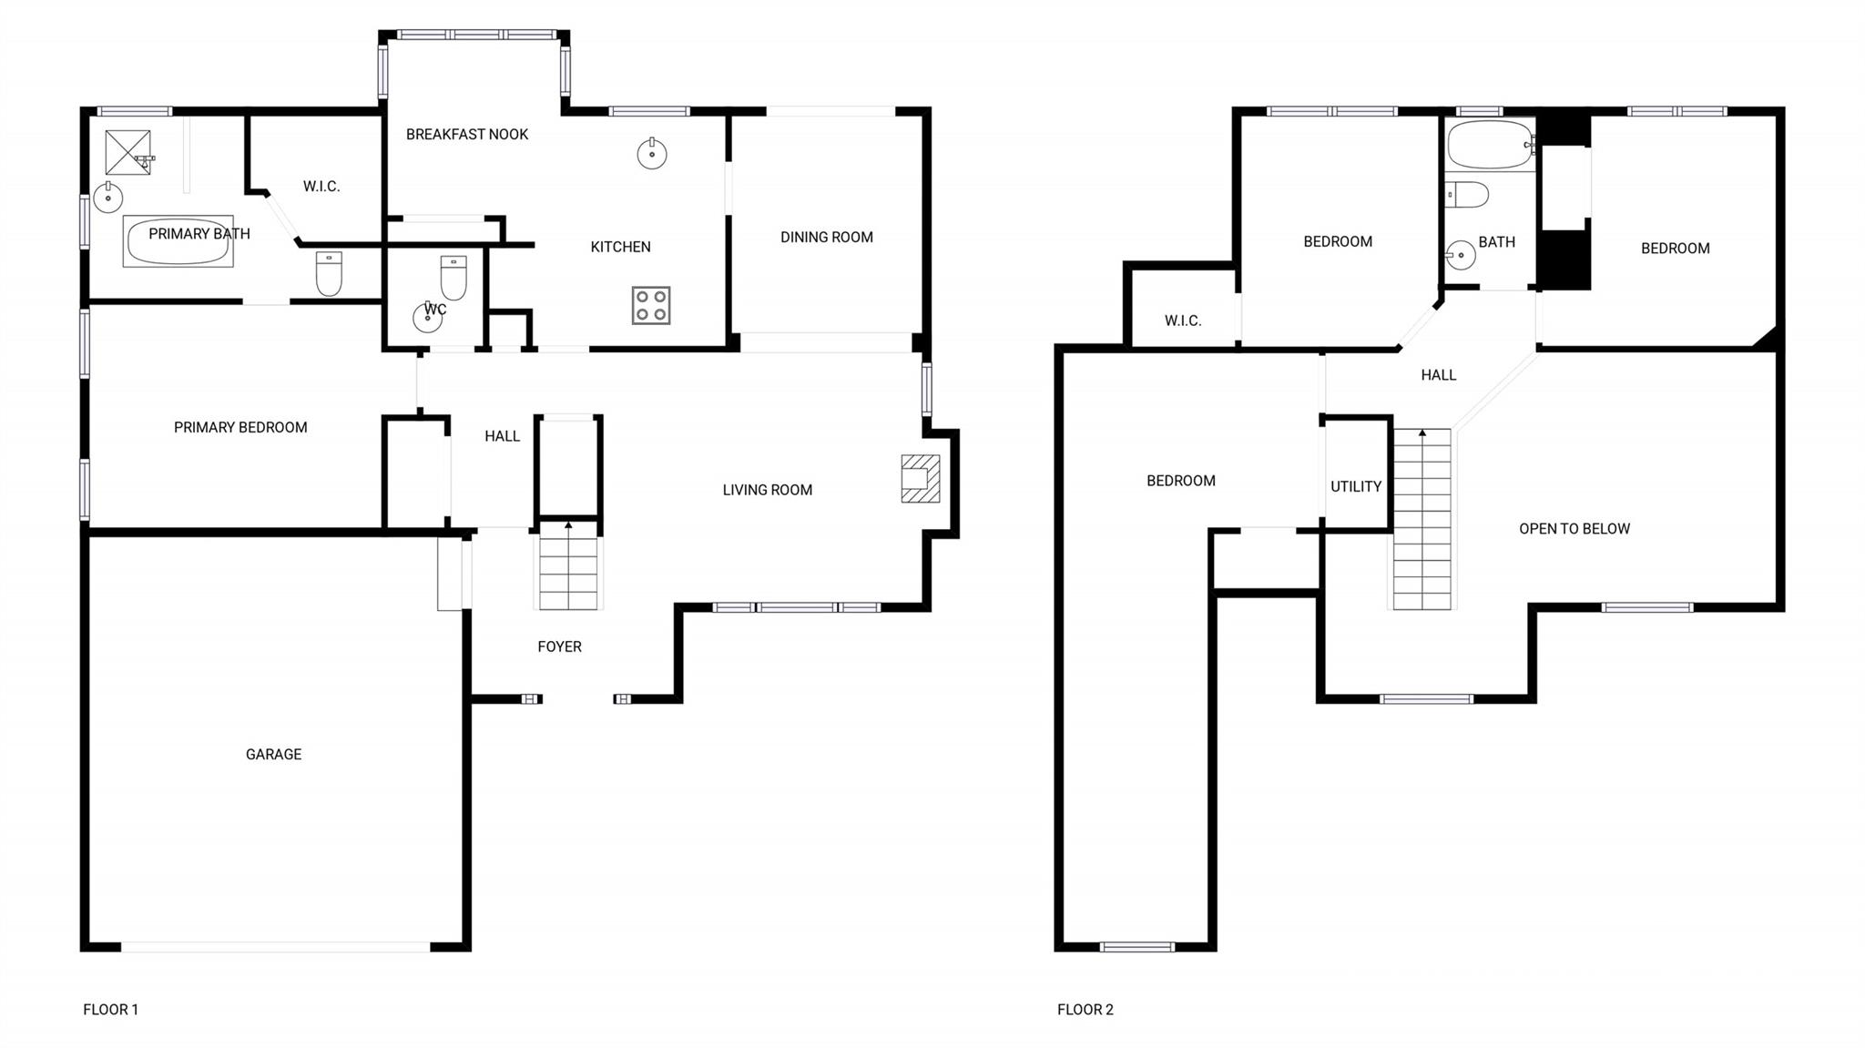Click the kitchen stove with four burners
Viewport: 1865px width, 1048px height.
651,306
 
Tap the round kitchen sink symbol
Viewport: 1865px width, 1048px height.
652,154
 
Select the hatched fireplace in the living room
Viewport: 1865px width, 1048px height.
920,479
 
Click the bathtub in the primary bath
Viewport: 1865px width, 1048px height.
178,242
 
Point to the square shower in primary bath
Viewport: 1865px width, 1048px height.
127,152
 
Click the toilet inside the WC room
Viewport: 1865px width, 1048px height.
454,277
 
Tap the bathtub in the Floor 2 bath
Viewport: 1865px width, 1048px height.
1490,145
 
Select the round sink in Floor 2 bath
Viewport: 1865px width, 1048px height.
1461,255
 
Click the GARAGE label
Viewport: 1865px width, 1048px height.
273,754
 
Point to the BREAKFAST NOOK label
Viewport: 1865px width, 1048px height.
467,135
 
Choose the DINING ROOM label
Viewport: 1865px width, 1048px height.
826,238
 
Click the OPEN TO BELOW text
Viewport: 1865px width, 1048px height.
1574,529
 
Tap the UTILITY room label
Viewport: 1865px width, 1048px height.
1355,487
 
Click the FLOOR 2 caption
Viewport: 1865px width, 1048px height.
1085,1009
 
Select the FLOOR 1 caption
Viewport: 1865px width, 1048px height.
110,1009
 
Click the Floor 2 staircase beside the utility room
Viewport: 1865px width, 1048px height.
1422,519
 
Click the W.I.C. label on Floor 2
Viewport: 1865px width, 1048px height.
1182,321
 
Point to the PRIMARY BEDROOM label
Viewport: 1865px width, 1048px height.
240,428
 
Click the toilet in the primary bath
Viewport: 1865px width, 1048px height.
329,273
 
